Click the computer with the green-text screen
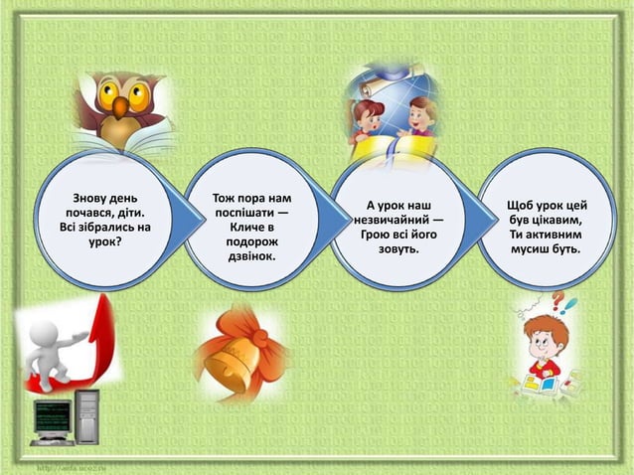point(65,417)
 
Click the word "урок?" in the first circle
point(104,241)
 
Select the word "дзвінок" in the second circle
point(249,256)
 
